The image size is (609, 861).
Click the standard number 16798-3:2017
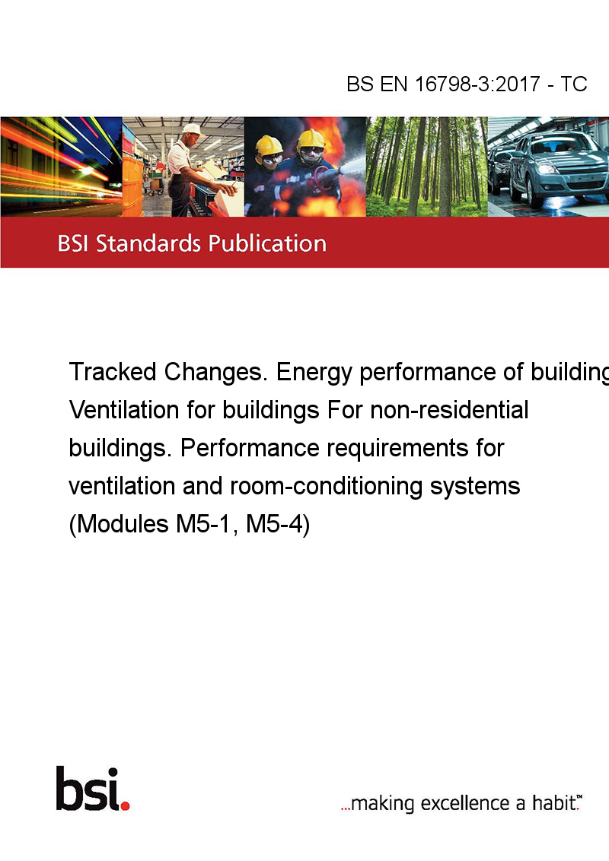click(x=477, y=84)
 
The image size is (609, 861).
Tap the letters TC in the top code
click(x=574, y=84)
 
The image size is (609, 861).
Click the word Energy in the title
click(x=314, y=373)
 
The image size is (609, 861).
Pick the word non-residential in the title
click(x=449, y=410)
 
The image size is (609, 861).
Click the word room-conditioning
click(x=326, y=487)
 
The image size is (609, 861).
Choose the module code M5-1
click(x=207, y=524)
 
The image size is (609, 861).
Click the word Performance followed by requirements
click(x=250, y=447)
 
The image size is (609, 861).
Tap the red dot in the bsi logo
click(x=126, y=805)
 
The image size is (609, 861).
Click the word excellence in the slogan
click(x=465, y=803)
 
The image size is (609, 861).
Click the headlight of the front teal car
click(x=547, y=169)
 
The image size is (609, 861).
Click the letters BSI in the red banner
click(x=73, y=243)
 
